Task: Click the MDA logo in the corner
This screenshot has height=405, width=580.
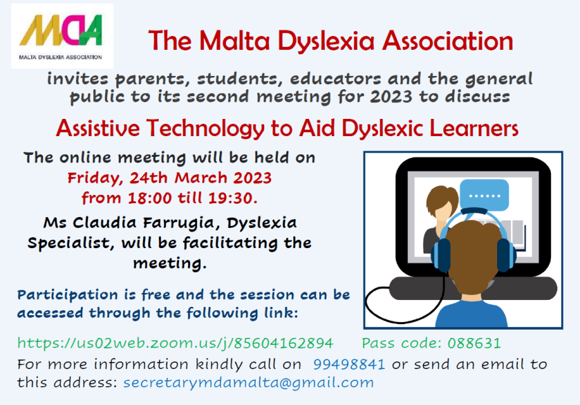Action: [62, 35]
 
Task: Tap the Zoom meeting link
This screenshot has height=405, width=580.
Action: [175, 343]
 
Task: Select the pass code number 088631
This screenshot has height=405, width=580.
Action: [476, 343]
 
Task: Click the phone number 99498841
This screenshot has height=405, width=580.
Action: [348, 364]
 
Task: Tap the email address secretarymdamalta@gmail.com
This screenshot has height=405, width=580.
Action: [248, 382]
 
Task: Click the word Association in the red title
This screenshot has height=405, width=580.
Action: [451, 41]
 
